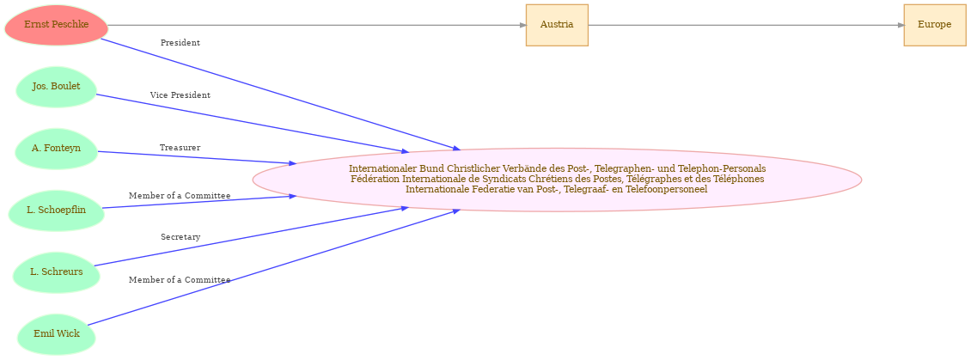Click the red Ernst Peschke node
57,25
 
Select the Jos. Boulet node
57,87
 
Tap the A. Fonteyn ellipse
57,149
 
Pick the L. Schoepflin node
57,211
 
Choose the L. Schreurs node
57,272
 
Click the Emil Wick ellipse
57,334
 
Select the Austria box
557,25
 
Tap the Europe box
934,25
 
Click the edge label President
180,43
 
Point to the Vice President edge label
180,95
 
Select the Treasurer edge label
180,148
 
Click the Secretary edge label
180,237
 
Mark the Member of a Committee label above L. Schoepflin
180,196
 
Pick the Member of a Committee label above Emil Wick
180,280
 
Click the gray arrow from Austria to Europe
746,26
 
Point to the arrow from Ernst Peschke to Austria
317,26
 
